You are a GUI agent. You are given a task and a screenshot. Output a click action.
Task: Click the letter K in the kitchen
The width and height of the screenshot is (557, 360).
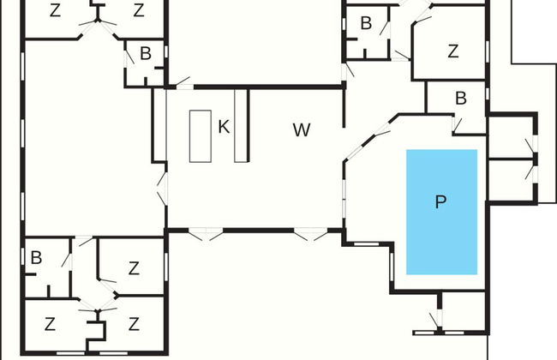[224, 127]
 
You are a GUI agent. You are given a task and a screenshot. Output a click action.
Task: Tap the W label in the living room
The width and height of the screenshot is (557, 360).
[301, 130]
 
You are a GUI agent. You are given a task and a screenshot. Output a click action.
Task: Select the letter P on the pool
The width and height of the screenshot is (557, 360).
[440, 202]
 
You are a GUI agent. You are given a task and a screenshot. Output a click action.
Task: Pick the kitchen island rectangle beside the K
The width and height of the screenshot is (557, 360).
[200, 135]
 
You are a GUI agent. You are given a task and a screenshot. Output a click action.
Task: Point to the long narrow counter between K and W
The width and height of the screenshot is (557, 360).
[241, 123]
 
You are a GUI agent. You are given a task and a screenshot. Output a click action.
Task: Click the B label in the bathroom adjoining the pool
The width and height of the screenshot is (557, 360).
[460, 99]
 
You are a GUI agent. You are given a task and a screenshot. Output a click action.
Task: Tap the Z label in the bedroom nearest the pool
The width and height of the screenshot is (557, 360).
[452, 51]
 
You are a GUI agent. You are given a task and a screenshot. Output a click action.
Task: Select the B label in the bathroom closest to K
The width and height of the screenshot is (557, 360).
[146, 54]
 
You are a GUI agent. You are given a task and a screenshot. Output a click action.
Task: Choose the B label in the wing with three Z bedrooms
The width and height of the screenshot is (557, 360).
[36, 256]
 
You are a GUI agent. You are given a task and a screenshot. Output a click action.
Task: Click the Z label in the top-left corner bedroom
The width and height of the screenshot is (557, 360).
[56, 11]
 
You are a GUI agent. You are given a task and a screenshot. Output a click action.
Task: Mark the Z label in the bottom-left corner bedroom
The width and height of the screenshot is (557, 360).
[50, 324]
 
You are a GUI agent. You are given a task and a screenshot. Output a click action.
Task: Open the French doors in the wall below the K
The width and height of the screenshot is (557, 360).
[205, 232]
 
